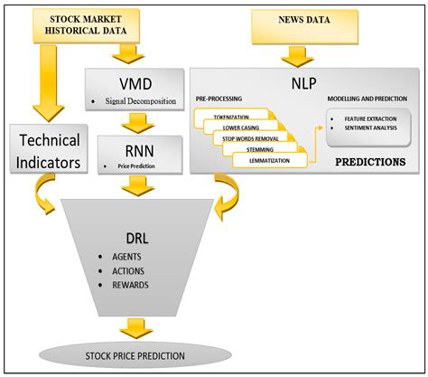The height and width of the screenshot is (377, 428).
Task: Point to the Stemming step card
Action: [262, 149]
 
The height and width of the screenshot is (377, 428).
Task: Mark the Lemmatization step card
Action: [269, 161]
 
